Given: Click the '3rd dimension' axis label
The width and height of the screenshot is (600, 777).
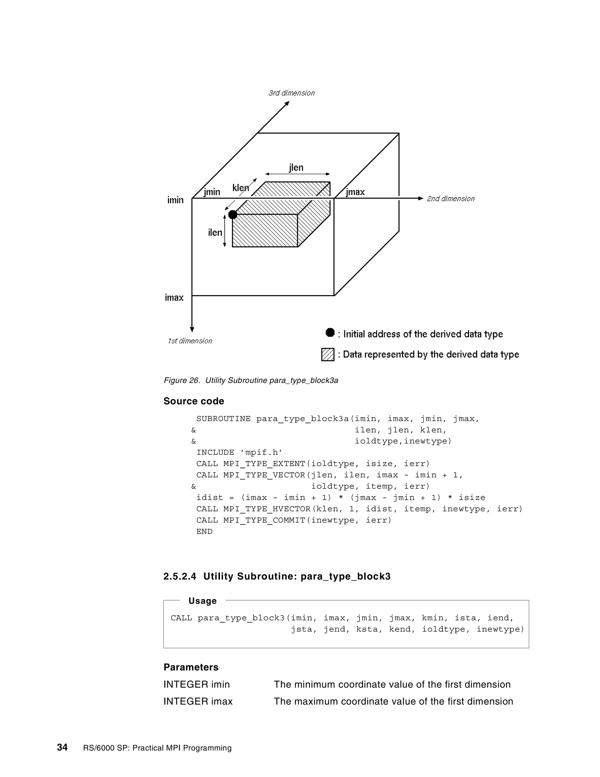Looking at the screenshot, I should tap(292, 93).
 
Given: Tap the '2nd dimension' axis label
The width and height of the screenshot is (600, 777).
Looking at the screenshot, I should tap(450, 199).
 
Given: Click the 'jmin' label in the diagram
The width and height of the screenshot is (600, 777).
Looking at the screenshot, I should tap(212, 192).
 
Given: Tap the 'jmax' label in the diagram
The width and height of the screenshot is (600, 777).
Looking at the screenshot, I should tap(355, 192).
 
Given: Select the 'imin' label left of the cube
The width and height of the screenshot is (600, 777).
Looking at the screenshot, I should tap(175, 200).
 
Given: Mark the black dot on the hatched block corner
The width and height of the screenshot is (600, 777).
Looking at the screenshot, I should tap(232, 215).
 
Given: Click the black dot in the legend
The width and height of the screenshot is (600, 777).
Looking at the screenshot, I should tap(330, 333).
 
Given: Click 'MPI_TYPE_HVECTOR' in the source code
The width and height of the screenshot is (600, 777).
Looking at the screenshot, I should tap(267, 509).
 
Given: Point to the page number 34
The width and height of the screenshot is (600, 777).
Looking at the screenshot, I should tap(62, 747).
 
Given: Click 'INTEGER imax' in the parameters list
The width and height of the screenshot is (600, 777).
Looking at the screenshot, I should tap(198, 701).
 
